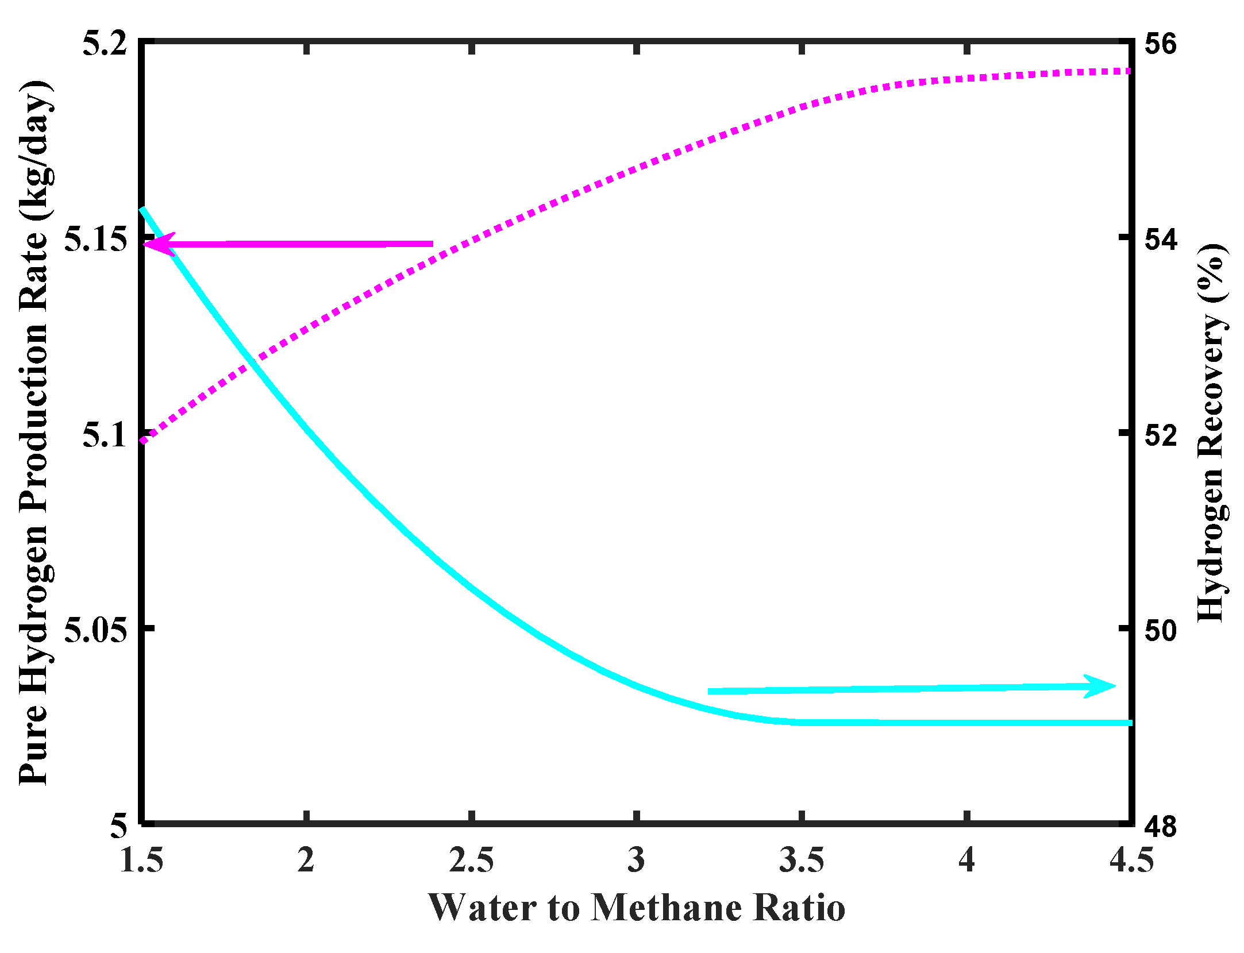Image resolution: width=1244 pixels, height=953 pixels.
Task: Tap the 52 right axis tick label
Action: pos(1160,434)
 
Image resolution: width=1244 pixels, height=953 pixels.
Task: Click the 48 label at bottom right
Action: pos(1160,826)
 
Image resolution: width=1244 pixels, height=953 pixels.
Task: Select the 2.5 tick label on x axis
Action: pos(471,861)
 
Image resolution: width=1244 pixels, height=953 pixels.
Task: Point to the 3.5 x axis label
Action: pos(802,861)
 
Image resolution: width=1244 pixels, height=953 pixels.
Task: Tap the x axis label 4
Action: pos(967,861)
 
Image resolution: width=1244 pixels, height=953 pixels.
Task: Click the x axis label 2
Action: pos(306,861)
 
